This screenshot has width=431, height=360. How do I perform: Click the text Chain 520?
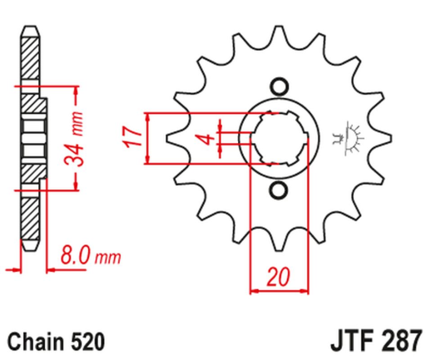click(x=57, y=341)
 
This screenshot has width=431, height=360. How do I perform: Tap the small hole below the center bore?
click(x=277, y=194)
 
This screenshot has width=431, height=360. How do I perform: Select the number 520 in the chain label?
click(x=87, y=341)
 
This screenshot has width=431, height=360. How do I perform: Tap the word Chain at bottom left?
click(x=37, y=341)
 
